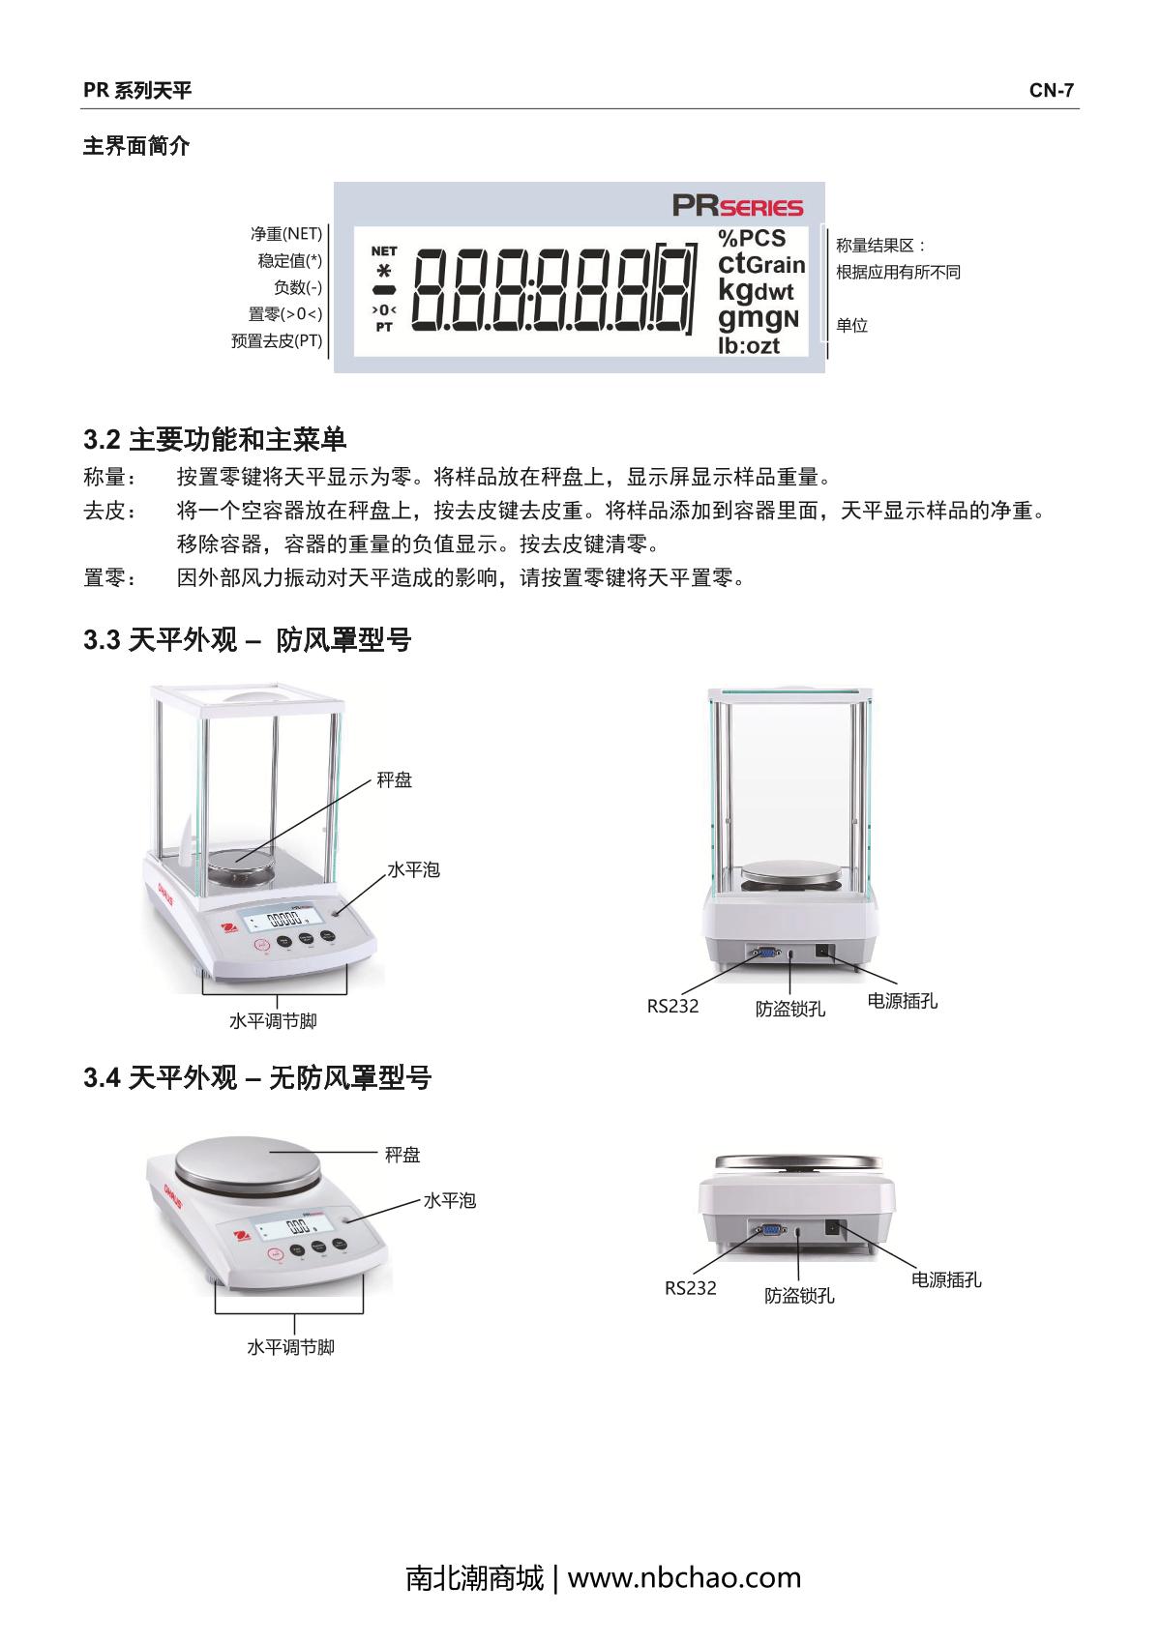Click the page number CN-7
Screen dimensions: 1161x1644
click(1051, 90)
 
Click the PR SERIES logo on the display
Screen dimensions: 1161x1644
click(737, 205)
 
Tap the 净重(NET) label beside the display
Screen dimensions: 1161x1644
click(286, 234)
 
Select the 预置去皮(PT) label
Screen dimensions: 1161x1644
click(277, 341)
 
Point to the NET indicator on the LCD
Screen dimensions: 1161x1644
click(383, 251)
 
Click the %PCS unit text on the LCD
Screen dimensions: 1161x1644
click(751, 238)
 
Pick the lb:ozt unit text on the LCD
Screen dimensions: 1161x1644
click(748, 345)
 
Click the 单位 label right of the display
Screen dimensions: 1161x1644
click(851, 325)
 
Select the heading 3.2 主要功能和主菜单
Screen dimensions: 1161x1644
click(215, 440)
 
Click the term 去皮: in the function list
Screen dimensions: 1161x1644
click(109, 511)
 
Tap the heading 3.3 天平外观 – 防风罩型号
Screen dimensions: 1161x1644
click(247, 640)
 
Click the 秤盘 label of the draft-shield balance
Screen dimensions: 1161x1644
click(395, 779)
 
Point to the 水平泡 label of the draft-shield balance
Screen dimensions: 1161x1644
click(413, 870)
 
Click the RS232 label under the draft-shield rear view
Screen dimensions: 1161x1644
click(672, 1006)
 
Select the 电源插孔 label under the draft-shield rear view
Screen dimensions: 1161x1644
click(903, 1001)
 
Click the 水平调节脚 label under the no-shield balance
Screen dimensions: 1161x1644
click(291, 1347)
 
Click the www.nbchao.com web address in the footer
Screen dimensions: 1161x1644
click(684, 1577)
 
